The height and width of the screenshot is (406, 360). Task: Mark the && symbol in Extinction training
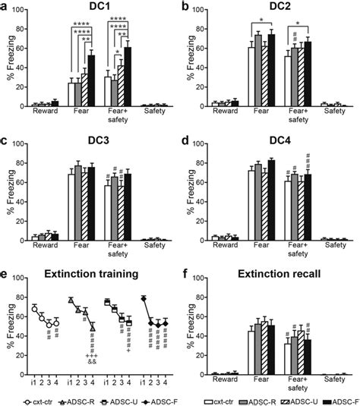click(x=92, y=363)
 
